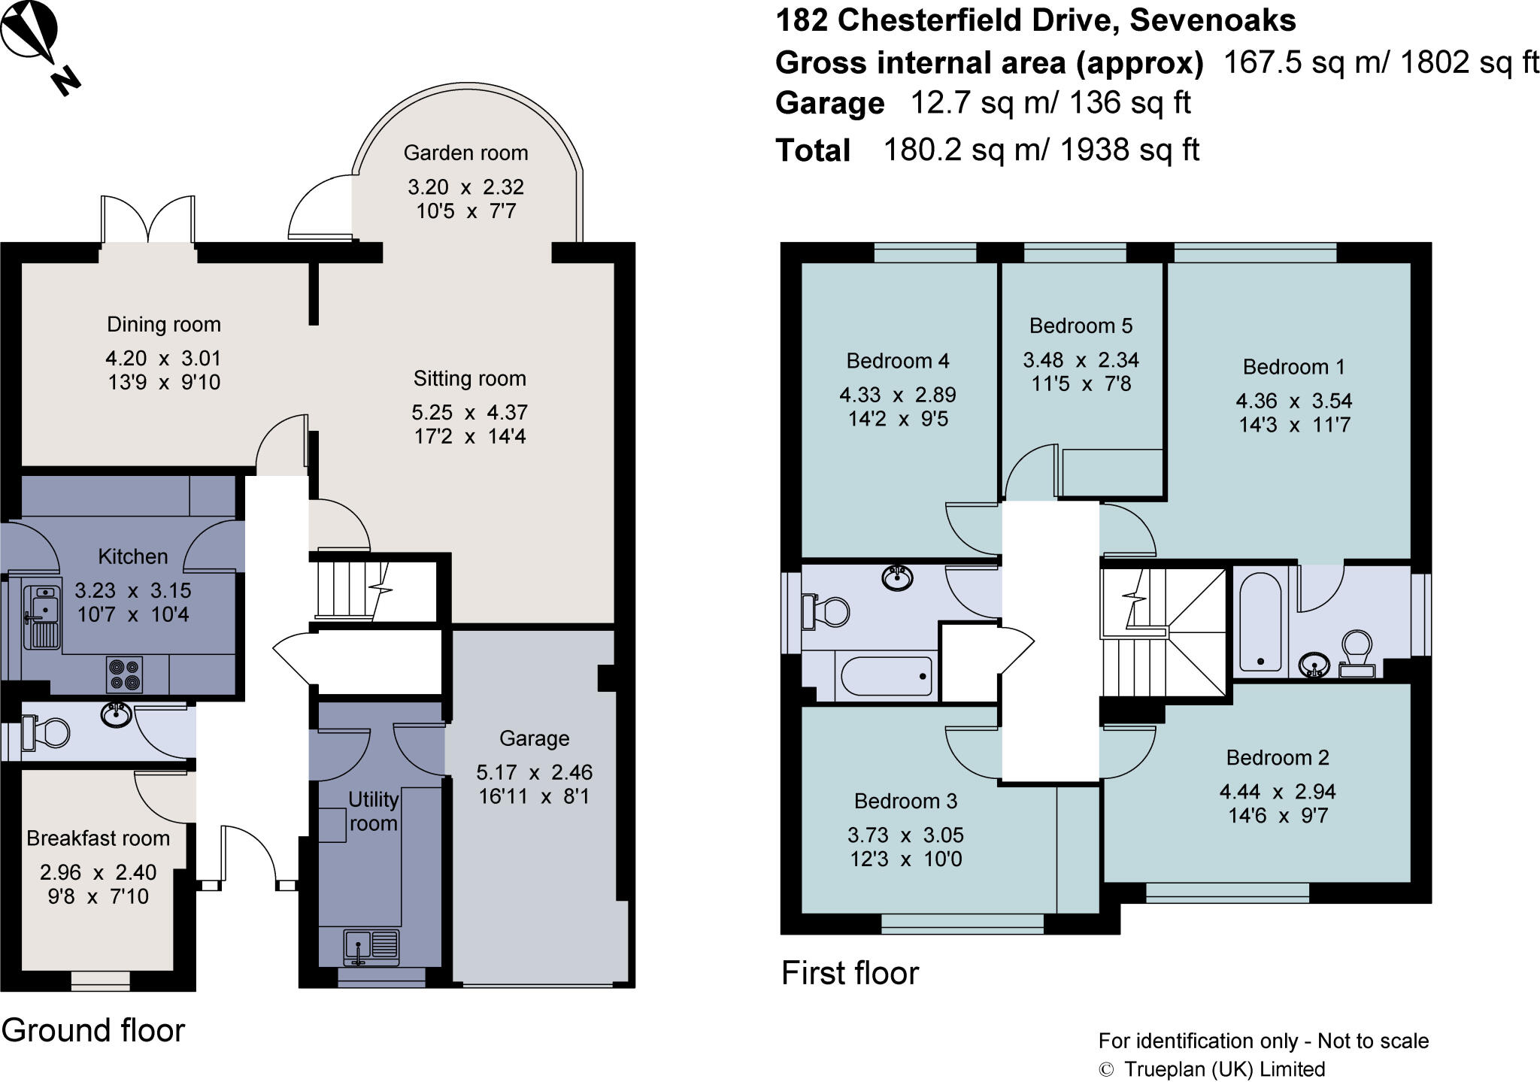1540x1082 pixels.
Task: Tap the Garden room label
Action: tap(465, 153)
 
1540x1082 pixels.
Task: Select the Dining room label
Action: tap(164, 324)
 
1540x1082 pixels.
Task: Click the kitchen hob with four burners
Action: tap(124, 674)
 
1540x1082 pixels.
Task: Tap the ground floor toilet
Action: tap(45, 732)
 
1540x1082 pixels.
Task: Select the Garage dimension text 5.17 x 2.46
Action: tap(534, 772)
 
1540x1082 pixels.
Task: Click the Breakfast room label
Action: tap(98, 838)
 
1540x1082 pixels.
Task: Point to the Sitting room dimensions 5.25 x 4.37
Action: tap(469, 412)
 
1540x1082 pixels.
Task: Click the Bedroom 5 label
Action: tap(1081, 326)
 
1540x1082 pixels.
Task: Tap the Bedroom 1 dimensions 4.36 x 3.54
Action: tap(1294, 401)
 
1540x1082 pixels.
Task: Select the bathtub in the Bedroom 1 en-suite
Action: tap(1259, 622)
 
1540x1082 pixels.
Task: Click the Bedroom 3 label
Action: tap(905, 801)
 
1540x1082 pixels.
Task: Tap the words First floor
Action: tap(850, 973)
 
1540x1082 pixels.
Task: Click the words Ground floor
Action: tap(93, 1030)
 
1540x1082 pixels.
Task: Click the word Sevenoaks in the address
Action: tap(1213, 20)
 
